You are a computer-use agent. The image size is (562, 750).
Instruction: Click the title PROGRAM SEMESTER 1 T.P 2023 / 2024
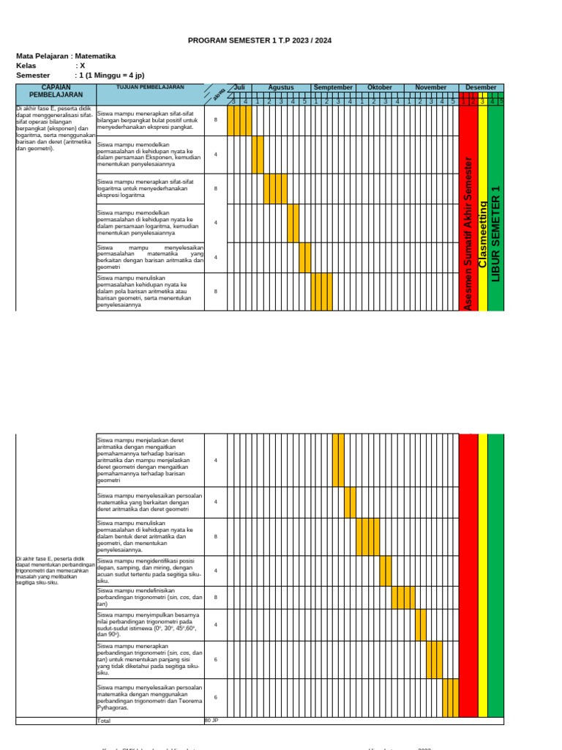pos(260,41)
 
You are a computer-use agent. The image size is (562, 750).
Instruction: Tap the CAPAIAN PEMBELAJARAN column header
pos(56,91)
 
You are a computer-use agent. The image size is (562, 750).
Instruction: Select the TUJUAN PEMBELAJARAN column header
pos(150,87)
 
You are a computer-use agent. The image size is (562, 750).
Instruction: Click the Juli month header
pos(239,88)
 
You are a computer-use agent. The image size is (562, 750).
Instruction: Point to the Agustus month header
pos(281,88)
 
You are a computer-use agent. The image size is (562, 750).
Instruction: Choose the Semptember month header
pos(333,88)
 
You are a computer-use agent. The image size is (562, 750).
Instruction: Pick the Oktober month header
pos(380,88)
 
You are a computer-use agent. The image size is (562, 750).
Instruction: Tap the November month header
pos(431,88)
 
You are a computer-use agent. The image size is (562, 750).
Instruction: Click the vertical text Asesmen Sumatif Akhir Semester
pos(468,233)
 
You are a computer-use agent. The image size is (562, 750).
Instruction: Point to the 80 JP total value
pos(211,721)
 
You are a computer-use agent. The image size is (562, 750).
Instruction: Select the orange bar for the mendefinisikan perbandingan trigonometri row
pos(403,597)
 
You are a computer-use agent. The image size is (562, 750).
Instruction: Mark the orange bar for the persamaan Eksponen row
pos(258,155)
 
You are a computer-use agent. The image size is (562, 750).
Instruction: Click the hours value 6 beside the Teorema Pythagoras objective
pos(215,697)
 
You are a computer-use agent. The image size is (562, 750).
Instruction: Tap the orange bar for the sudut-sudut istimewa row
pos(421,625)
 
